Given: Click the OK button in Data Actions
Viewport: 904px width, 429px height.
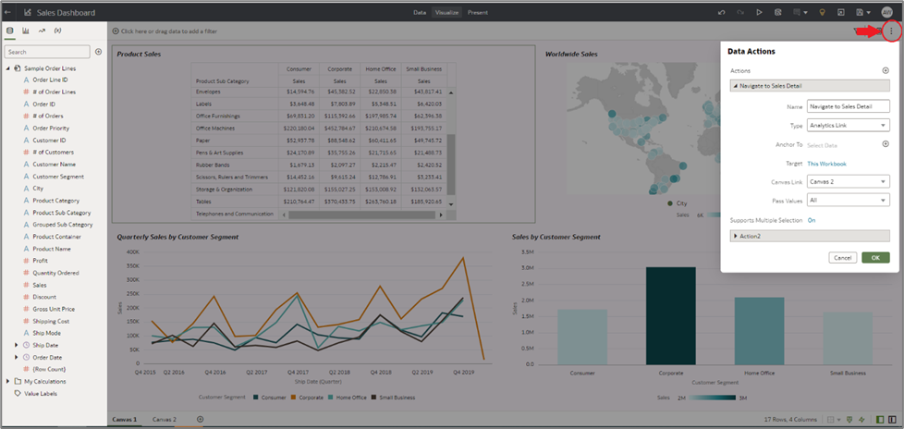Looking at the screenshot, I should pos(875,258).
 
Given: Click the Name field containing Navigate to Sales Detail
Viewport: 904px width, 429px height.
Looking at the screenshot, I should pos(848,106).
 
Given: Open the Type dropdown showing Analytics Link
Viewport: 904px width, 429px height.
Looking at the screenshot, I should pos(848,125).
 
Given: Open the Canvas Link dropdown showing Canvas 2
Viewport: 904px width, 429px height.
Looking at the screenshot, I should pos(848,181).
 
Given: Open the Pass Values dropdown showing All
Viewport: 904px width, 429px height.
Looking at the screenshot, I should pos(848,200).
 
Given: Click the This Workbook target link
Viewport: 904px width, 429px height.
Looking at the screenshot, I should pos(826,163).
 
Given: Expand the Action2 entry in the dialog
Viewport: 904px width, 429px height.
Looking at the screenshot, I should pos(736,237).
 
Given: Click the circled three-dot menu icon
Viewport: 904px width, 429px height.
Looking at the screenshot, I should pos(891,31).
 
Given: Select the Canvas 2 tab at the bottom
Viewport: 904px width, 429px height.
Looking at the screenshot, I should pos(165,419).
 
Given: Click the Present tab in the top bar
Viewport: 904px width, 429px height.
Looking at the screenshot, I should pos(477,13).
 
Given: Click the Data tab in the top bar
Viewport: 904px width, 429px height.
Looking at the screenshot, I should pos(420,13).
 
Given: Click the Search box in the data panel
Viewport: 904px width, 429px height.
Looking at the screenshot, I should pos(48,52).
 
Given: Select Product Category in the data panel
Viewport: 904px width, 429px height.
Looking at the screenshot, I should pos(55,200).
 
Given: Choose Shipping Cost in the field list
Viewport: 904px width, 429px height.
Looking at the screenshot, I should pos(51,321).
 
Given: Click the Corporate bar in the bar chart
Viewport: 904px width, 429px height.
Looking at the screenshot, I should pos(670,318).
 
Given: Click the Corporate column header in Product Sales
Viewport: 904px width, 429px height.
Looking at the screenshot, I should pos(341,68).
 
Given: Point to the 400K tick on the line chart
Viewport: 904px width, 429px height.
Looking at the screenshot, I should pos(132,252).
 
